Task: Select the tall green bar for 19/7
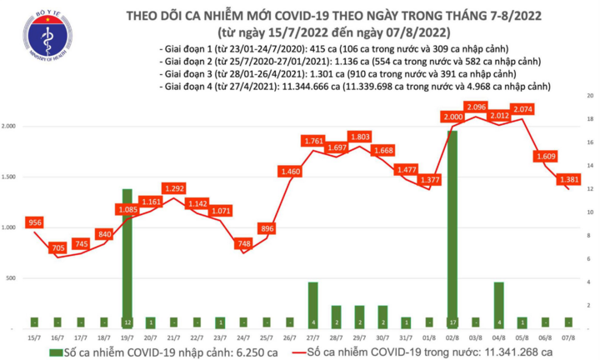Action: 127,258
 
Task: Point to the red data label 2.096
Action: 477,107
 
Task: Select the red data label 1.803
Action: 360,137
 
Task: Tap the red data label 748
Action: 242,243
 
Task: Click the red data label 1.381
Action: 568,179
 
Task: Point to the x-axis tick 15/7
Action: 34,337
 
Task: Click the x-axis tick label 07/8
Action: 568,337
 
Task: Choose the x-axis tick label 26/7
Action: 289,337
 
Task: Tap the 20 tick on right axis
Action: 589,97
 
